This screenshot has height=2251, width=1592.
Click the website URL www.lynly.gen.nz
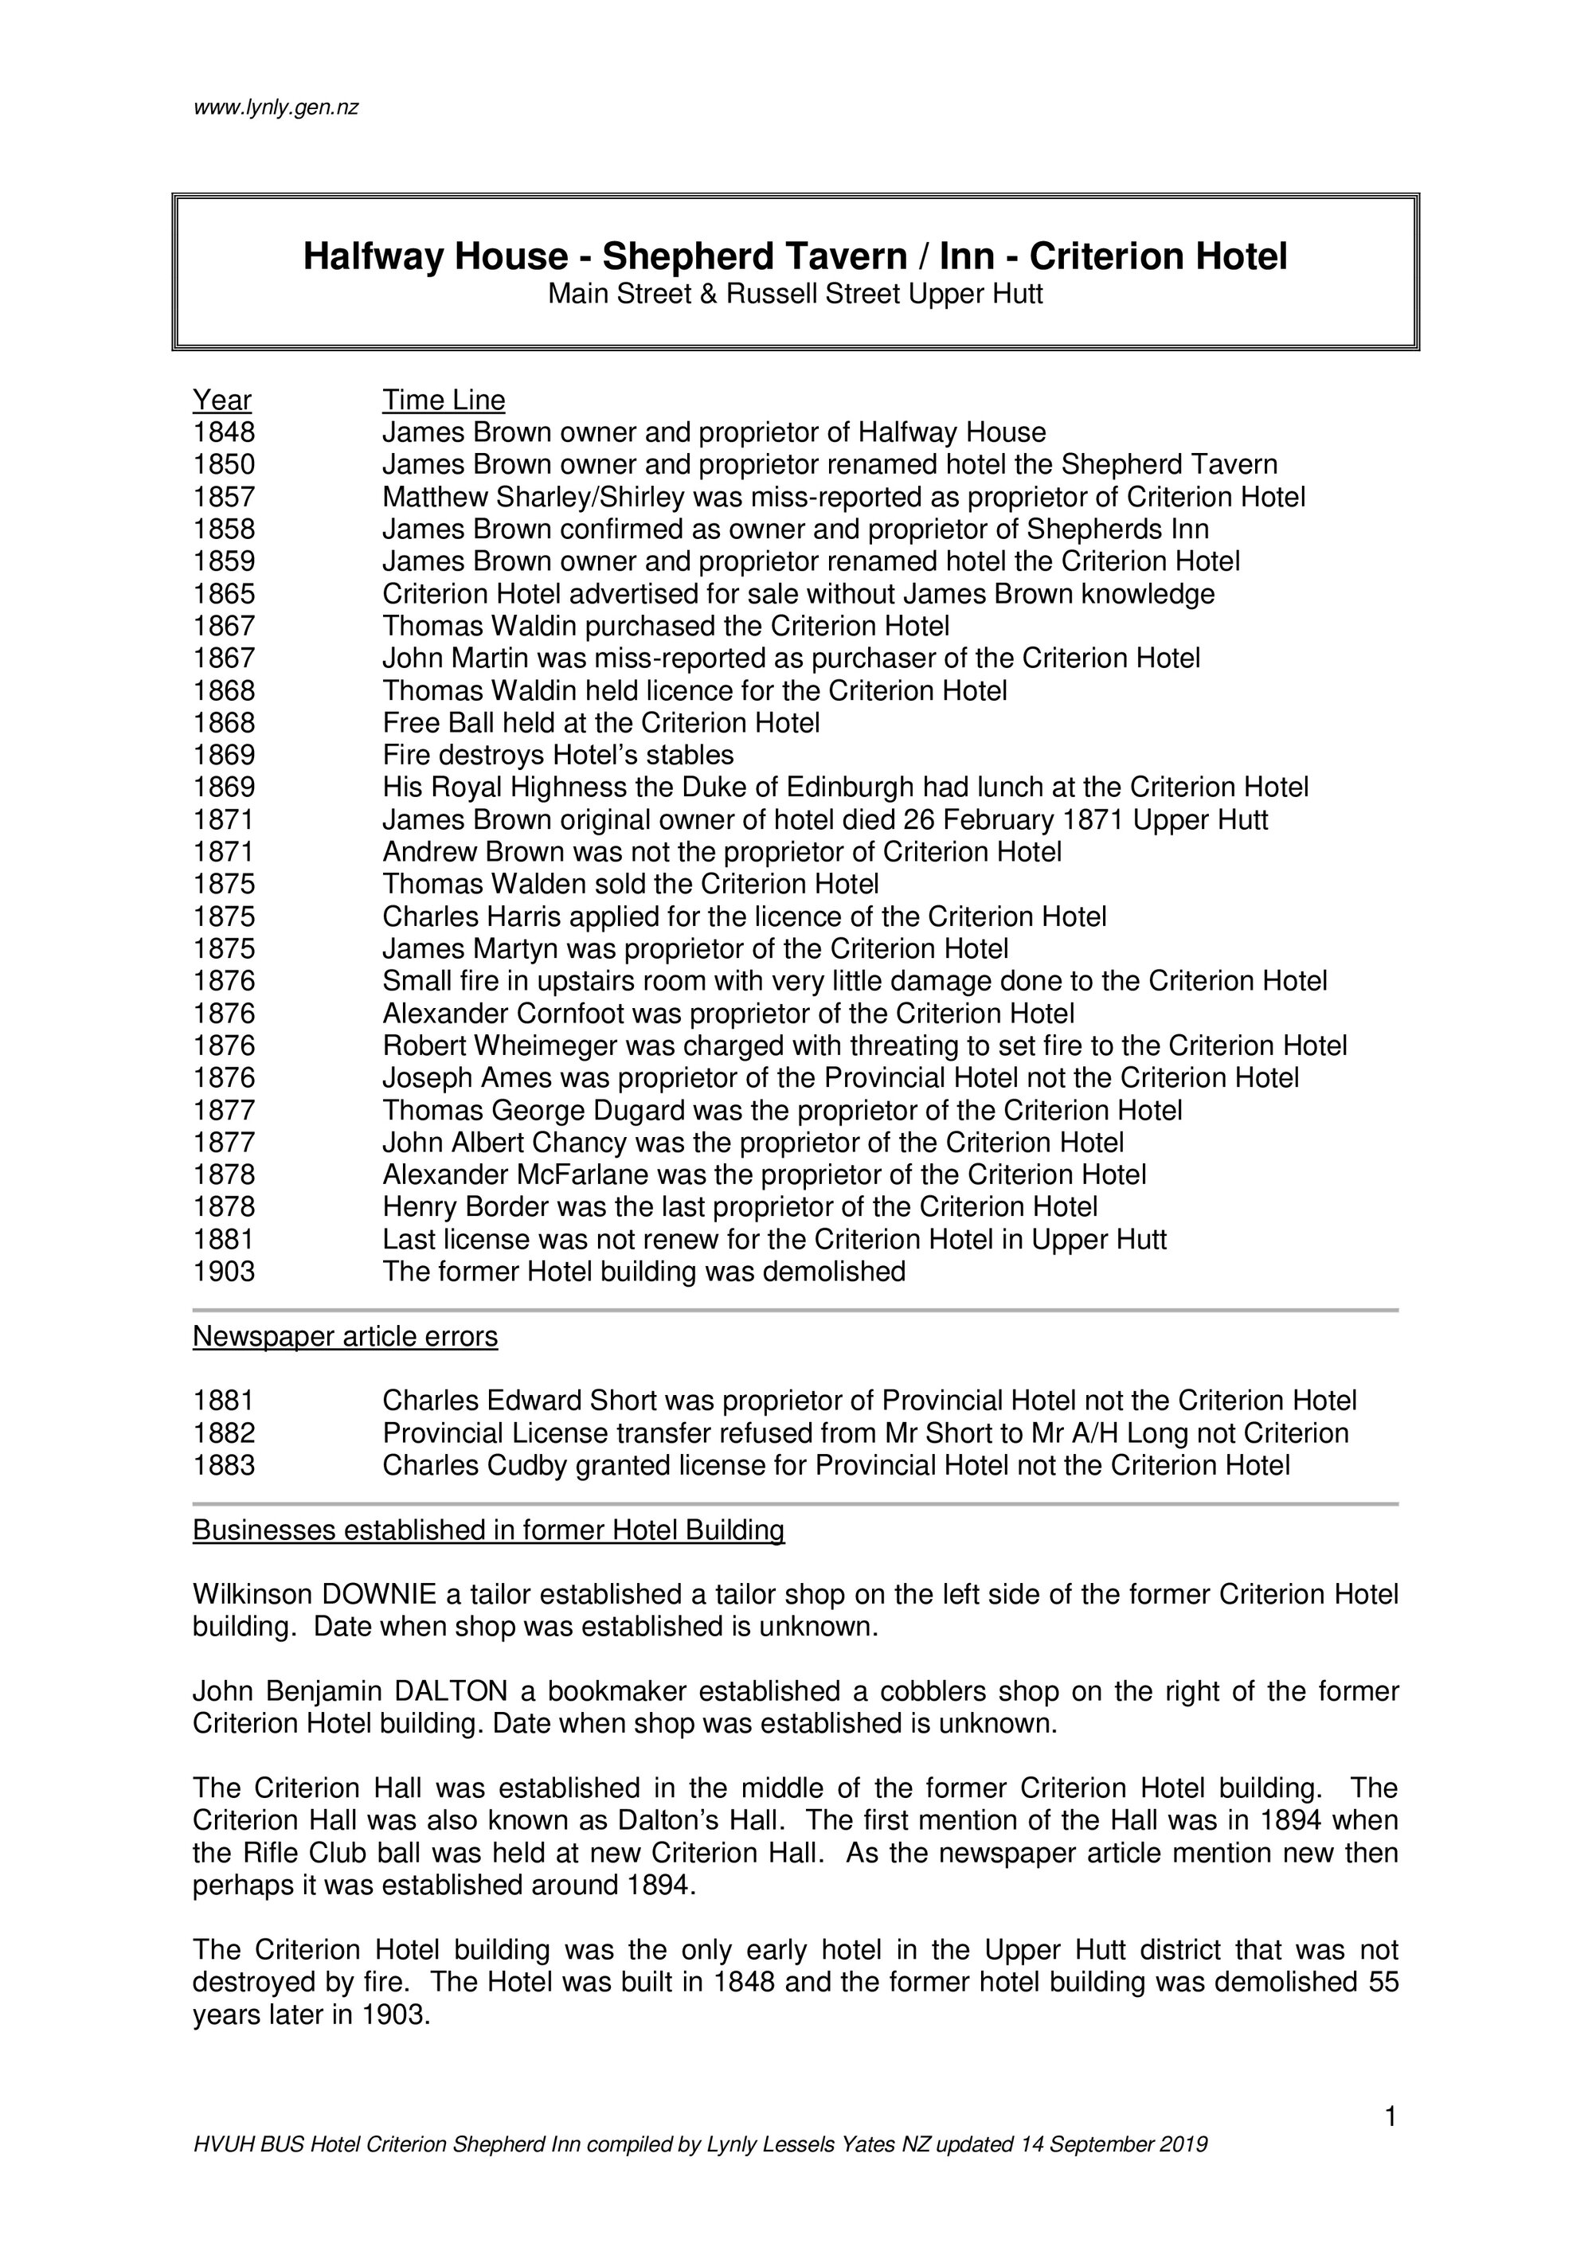tap(276, 107)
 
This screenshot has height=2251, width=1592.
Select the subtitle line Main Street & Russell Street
tap(794, 294)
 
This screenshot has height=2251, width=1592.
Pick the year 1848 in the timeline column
tap(224, 432)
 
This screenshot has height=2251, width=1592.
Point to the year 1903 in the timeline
tap(224, 1272)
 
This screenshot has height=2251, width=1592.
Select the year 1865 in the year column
tap(224, 594)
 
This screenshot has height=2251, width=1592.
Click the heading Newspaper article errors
tap(345, 1336)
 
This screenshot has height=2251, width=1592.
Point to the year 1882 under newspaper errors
tap(224, 1433)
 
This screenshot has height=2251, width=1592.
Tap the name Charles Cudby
tap(467, 1466)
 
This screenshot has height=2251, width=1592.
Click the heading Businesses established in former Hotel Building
tap(488, 1530)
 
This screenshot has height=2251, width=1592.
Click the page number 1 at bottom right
tap(1390, 2118)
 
